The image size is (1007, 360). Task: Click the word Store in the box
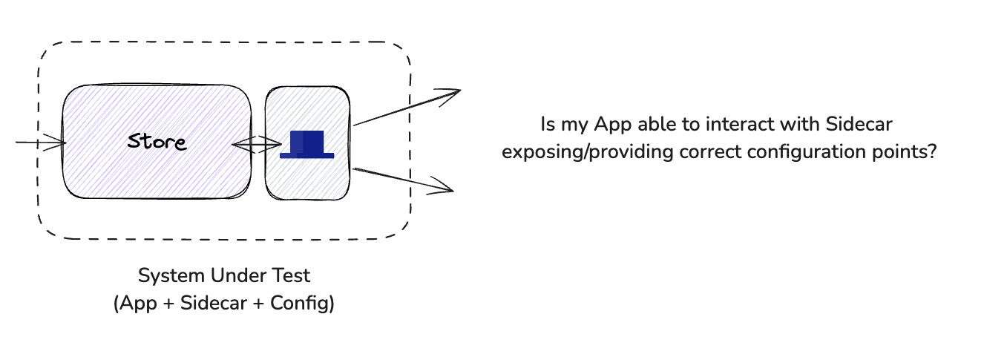157,141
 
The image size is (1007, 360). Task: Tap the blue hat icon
306,144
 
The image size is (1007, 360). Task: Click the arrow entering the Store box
41,143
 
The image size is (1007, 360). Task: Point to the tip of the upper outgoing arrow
459,91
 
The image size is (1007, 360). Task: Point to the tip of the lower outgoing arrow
452,191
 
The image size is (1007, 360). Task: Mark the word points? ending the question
909,152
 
